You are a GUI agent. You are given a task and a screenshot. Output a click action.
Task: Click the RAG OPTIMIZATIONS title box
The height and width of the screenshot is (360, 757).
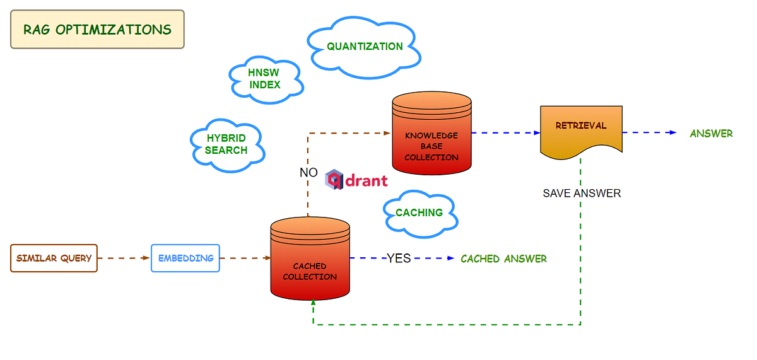pos(97,29)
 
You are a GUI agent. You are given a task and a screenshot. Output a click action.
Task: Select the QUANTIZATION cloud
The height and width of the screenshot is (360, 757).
pos(364,47)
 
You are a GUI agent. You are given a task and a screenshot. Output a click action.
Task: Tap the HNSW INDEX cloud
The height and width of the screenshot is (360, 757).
pos(264,79)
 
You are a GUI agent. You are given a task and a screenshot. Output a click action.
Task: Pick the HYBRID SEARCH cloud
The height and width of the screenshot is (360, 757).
pos(226,144)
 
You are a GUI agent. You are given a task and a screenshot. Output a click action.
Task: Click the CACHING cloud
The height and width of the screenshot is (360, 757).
pos(419,213)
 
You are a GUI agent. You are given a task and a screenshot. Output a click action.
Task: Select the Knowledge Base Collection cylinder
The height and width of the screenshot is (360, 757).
pos(431,134)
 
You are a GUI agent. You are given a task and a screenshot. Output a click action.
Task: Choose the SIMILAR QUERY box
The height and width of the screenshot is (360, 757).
pos(54,258)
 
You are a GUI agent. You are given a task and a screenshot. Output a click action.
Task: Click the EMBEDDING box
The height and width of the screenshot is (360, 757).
pos(185,258)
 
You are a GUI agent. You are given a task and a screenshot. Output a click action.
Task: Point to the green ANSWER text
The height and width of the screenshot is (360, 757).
pos(711,133)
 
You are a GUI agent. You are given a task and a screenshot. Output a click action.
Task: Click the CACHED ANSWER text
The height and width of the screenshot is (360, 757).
pos(503,258)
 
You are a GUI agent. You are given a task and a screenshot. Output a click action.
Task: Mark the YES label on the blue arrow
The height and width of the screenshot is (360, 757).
pos(398,258)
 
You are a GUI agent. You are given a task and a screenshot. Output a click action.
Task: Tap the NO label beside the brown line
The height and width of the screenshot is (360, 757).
pos(308,173)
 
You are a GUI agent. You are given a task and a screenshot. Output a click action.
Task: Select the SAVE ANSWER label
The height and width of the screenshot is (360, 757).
pos(582,194)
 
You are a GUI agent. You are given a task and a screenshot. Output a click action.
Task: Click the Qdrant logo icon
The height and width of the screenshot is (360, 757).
pos(334,180)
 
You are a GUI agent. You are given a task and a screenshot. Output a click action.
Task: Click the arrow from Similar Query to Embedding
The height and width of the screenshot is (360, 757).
pos(124,258)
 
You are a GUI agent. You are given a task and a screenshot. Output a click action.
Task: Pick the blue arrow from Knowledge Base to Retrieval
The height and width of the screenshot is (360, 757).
pos(505,133)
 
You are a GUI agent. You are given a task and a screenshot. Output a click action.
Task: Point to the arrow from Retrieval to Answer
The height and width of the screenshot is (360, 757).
pos(650,133)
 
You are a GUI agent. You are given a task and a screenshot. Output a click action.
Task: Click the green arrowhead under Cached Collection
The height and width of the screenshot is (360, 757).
pos(313,305)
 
